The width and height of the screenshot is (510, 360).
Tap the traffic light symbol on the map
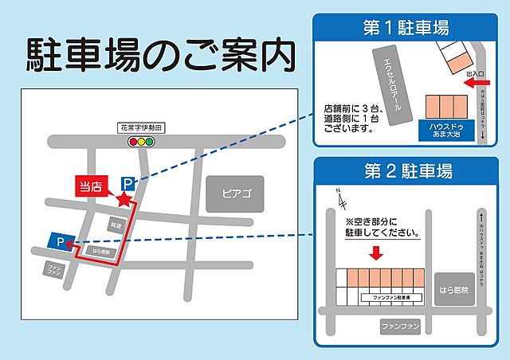(x=143, y=141)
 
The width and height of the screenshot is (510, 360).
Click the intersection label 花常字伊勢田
(x=140, y=127)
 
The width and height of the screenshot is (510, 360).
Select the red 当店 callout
(x=89, y=186)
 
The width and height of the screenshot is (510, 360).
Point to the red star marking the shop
(x=123, y=198)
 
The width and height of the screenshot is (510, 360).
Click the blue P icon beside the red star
(x=126, y=184)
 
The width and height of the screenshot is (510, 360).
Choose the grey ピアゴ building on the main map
(x=235, y=194)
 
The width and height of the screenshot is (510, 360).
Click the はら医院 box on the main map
(x=104, y=252)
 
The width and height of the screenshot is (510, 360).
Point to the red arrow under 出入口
(x=476, y=81)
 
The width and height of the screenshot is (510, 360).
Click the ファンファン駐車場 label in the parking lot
(x=390, y=296)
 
